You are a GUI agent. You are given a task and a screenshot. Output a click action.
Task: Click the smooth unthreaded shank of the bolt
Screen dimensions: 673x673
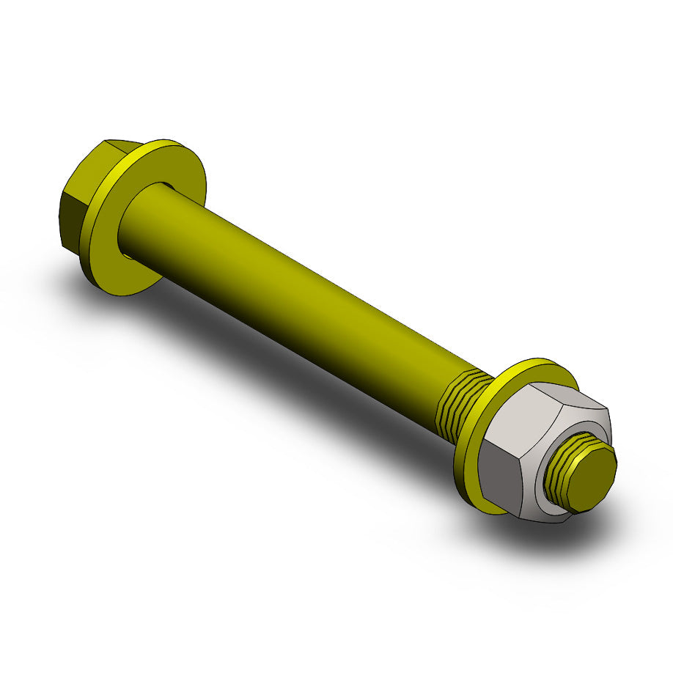click(293, 293)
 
